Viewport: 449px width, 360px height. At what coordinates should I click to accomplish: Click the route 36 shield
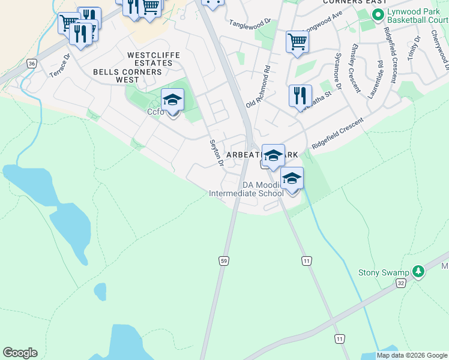(x=31, y=62)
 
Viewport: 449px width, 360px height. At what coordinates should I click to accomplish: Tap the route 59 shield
(x=223, y=260)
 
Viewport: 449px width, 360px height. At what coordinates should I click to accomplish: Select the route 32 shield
(x=400, y=281)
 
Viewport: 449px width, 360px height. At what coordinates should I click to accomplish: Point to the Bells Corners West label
(x=127, y=76)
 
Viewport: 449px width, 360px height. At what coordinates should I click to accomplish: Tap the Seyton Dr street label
(x=216, y=152)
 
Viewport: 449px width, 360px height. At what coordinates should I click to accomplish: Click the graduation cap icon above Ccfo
(x=172, y=99)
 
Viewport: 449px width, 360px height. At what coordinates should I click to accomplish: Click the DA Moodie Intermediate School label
(x=246, y=190)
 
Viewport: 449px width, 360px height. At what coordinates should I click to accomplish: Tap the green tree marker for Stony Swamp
(x=417, y=272)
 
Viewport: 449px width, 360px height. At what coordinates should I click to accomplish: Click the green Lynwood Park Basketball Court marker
(x=377, y=16)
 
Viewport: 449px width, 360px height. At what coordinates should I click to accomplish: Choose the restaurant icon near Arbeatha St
(x=300, y=95)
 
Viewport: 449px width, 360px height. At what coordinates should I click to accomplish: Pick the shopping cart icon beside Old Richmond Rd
(x=297, y=41)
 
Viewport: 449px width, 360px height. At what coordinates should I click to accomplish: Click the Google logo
(x=20, y=353)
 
